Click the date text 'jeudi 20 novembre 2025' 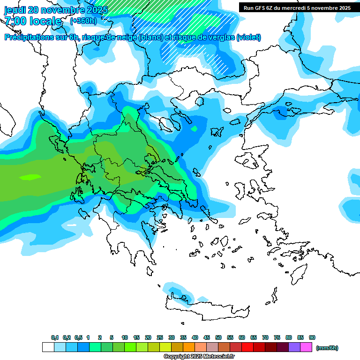(x=56, y=10)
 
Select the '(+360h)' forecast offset (x=83, y=21)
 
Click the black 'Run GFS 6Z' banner (x=297, y=7)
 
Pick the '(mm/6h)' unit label (x=327, y=348)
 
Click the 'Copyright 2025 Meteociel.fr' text (x=199, y=357)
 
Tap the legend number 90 (x=312, y=337)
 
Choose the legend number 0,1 (x=55, y=337)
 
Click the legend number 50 (x=218, y=337)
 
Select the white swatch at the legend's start (x=48, y=347)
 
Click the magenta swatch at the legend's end (x=306, y=347)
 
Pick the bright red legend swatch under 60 (x=247, y=347)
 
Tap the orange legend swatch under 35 (x=189, y=347)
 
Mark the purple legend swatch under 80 (x=294, y=347)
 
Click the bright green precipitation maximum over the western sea (x=30, y=177)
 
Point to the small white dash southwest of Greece (x=71, y=225)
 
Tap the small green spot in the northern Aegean (x=194, y=128)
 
